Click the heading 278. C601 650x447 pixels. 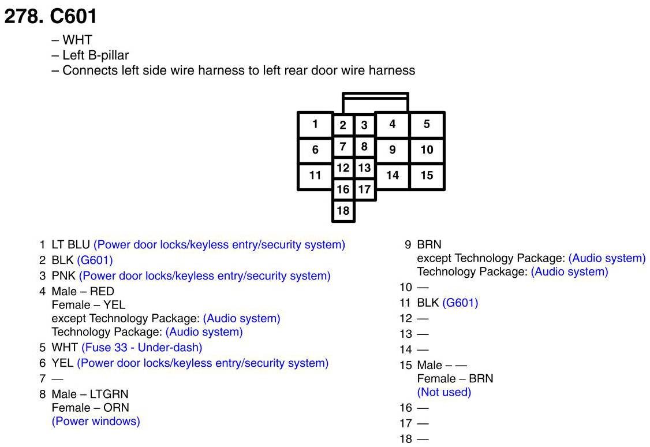tap(51, 16)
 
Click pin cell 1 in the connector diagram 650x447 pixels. tap(315, 124)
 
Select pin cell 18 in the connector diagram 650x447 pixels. tap(343, 211)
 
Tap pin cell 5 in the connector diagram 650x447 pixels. tap(427, 124)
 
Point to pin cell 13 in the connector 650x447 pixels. tap(364, 168)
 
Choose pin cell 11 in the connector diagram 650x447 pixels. tap(315, 175)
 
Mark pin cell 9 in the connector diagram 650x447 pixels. tap(393, 150)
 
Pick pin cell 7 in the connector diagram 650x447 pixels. tap(343, 146)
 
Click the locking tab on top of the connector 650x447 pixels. tap(375, 102)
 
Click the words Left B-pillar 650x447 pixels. tap(96, 55)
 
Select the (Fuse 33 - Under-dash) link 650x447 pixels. tap(141, 348)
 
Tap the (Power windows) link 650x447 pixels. tap(96, 421)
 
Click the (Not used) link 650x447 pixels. tap(444, 392)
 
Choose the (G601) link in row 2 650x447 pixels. tap(95, 260)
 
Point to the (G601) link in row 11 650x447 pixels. tap(460, 303)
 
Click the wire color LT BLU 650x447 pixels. tap(71, 245)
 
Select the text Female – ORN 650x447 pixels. tap(91, 408)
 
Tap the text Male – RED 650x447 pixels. tap(83, 292)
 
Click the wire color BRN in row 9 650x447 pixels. tap(429, 245)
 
